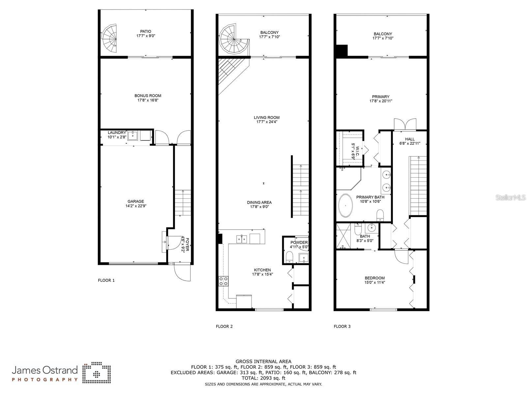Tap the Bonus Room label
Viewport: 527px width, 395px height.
148,96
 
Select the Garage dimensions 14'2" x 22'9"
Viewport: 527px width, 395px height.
136,206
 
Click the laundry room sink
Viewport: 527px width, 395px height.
132,136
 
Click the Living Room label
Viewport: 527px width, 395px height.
267,118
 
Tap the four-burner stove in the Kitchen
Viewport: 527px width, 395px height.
223,281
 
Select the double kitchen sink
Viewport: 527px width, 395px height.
242,239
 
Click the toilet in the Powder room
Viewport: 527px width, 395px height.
289,257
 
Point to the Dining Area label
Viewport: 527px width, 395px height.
259,203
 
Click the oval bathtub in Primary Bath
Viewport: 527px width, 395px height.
345,206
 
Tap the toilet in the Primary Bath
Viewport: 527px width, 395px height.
380,215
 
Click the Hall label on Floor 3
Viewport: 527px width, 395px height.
410,139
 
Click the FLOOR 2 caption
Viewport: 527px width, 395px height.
224,326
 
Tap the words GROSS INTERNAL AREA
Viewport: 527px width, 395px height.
263,361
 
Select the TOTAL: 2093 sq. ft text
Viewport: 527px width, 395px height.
263,378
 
